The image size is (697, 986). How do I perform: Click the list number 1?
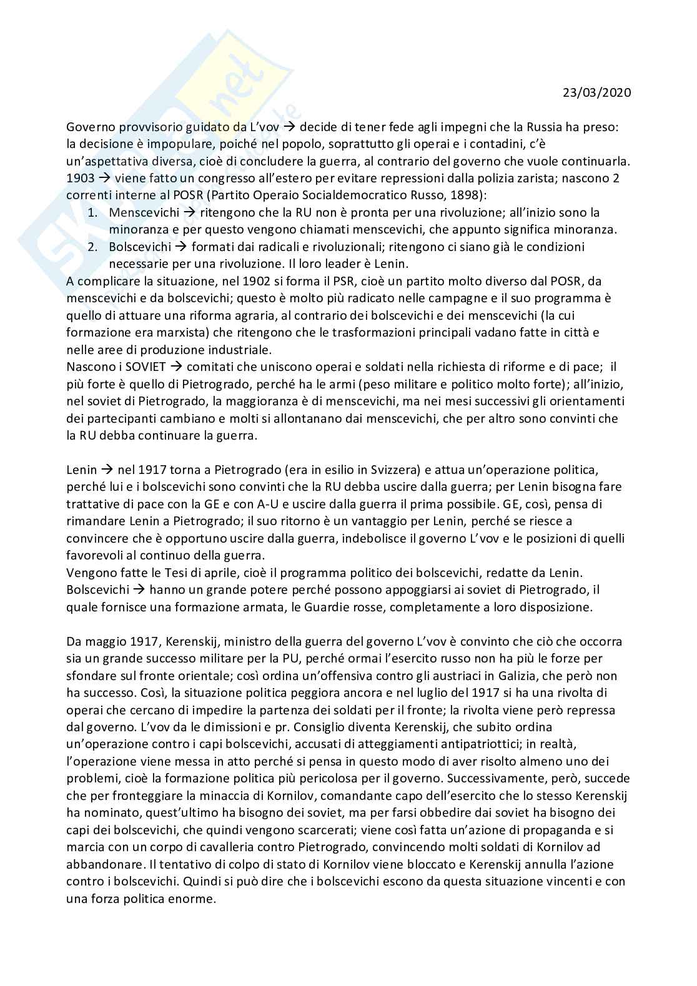point(92,212)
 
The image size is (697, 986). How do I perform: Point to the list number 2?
point(92,247)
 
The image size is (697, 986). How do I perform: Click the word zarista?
point(528,178)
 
